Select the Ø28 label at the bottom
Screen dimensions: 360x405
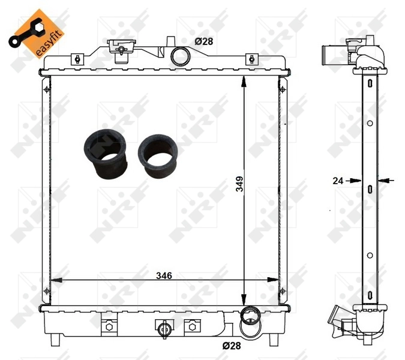232,346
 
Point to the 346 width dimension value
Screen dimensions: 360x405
164,275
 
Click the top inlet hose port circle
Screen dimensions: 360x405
180,56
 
